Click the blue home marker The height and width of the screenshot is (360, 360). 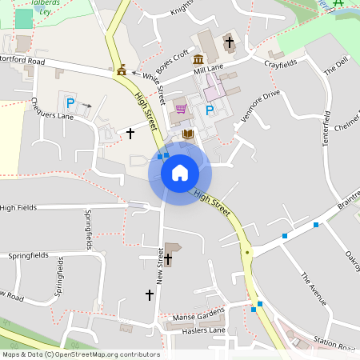pos(180,173)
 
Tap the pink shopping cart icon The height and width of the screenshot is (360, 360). pos(181,110)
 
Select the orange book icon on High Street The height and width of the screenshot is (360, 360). pos(188,134)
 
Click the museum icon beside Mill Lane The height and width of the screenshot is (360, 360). pos(198,60)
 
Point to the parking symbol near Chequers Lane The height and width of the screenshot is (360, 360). pos(70,102)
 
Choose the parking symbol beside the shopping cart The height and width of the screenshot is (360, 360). pos(210,110)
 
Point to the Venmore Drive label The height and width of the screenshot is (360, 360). pos(260,104)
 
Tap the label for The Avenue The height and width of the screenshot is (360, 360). pos(314,288)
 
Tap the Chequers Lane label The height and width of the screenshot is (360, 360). pos(51,109)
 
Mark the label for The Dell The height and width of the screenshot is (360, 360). pos(336,66)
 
